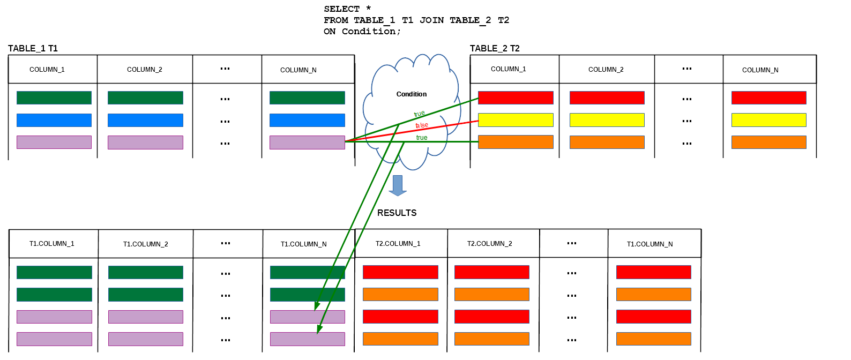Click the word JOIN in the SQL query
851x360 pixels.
point(431,20)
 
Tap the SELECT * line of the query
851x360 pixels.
point(347,9)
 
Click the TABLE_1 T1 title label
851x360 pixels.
point(33,48)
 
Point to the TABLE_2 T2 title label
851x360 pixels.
point(495,48)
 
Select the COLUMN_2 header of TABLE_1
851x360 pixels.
point(144,70)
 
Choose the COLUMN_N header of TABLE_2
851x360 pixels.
point(760,70)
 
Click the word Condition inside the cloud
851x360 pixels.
point(412,94)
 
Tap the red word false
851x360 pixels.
point(422,125)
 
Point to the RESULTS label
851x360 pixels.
point(397,213)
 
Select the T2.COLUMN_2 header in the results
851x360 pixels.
point(490,243)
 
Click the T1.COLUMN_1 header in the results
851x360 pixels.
point(51,243)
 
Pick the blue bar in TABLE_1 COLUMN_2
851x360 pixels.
point(146,120)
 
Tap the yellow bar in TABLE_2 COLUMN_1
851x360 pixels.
point(516,120)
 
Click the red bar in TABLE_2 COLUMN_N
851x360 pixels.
point(769,97)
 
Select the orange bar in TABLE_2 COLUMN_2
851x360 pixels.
point(607,142)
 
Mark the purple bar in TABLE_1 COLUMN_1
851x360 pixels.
point(54,142)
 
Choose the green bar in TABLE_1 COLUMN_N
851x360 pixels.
point(308,97)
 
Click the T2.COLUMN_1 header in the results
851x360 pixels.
point(398,243)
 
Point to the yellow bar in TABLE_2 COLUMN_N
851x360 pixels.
point(769,120)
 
